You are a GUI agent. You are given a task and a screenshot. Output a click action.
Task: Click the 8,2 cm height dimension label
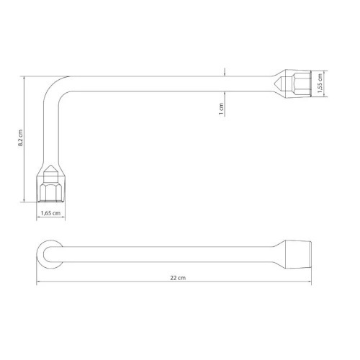click(22, 138)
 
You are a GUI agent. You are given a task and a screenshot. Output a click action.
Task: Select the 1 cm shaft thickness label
click(222, 108)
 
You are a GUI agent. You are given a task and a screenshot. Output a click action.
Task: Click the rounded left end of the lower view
click(43, 253)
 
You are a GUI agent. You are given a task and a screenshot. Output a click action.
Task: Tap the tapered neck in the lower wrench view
click(277, 253)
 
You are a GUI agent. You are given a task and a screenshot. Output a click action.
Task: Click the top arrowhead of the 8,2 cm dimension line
click(27, 75)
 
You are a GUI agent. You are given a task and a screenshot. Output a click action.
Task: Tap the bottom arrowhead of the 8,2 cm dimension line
click(27, 204)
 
